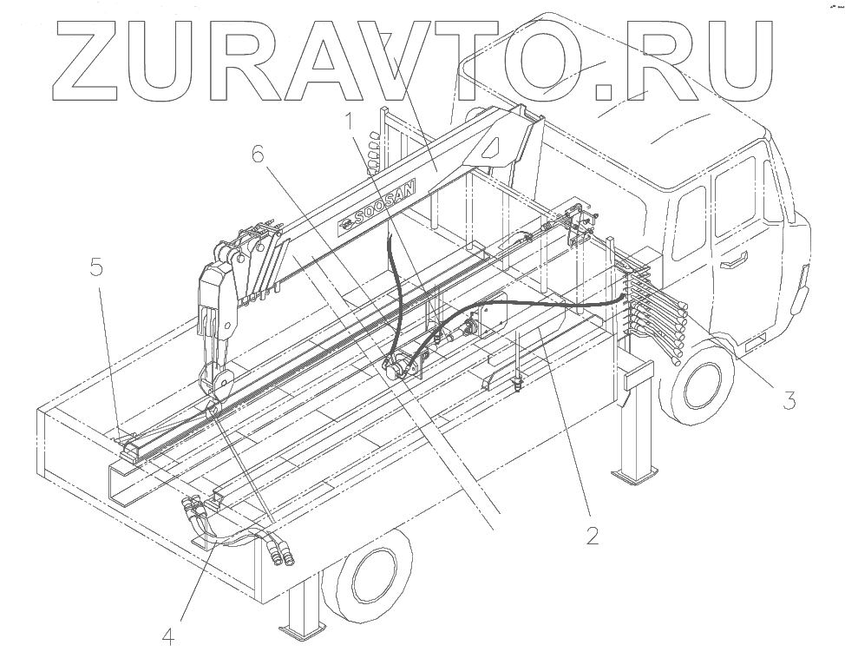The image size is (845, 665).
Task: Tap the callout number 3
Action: (789, 400)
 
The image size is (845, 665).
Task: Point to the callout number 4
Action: (168, 637)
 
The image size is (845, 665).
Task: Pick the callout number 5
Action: (96, 267)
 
